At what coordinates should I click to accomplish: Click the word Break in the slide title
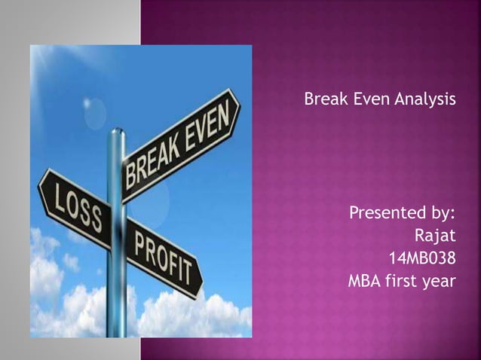[322, 99]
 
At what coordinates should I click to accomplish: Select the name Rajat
[435, 240]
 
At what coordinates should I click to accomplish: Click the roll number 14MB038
[421, 261]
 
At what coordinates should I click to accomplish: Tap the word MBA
[365, 282]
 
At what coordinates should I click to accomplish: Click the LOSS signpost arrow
[72, 203]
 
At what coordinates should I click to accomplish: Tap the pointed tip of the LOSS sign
[38, 180]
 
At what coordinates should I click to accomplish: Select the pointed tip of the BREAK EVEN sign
[240, 97]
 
